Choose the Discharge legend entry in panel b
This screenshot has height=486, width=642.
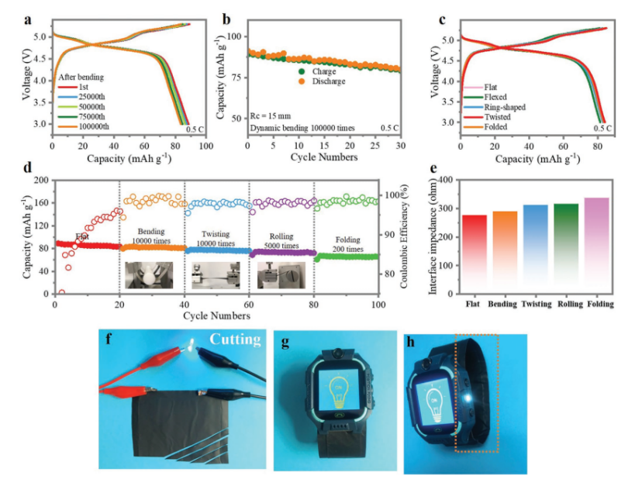[x=326, y=81]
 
